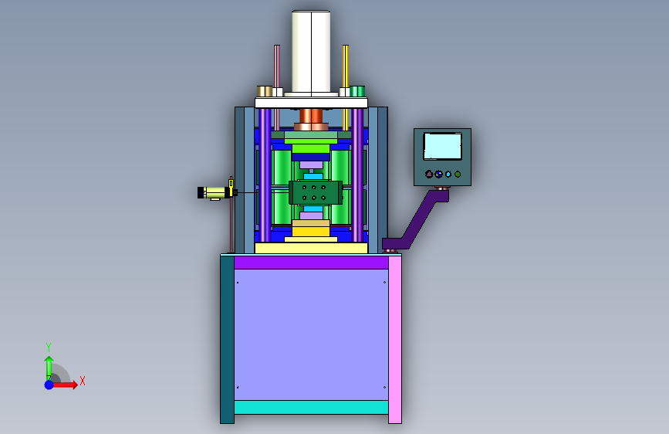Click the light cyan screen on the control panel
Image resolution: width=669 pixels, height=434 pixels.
point(442,147)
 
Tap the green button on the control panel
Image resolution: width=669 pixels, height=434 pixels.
point(458,174)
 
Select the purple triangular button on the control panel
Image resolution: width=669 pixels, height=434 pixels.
point(429,174)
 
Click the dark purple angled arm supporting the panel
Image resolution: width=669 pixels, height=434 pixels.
point(417,222)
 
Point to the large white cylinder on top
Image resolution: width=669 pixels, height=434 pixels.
point(311,51)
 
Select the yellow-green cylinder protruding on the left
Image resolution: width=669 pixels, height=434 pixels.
point(215,192)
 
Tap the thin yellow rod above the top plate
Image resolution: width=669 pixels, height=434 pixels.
point(345,66)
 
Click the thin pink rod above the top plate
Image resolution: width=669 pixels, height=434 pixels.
point(277,66)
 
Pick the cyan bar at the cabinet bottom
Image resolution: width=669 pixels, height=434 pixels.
point(311,407)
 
